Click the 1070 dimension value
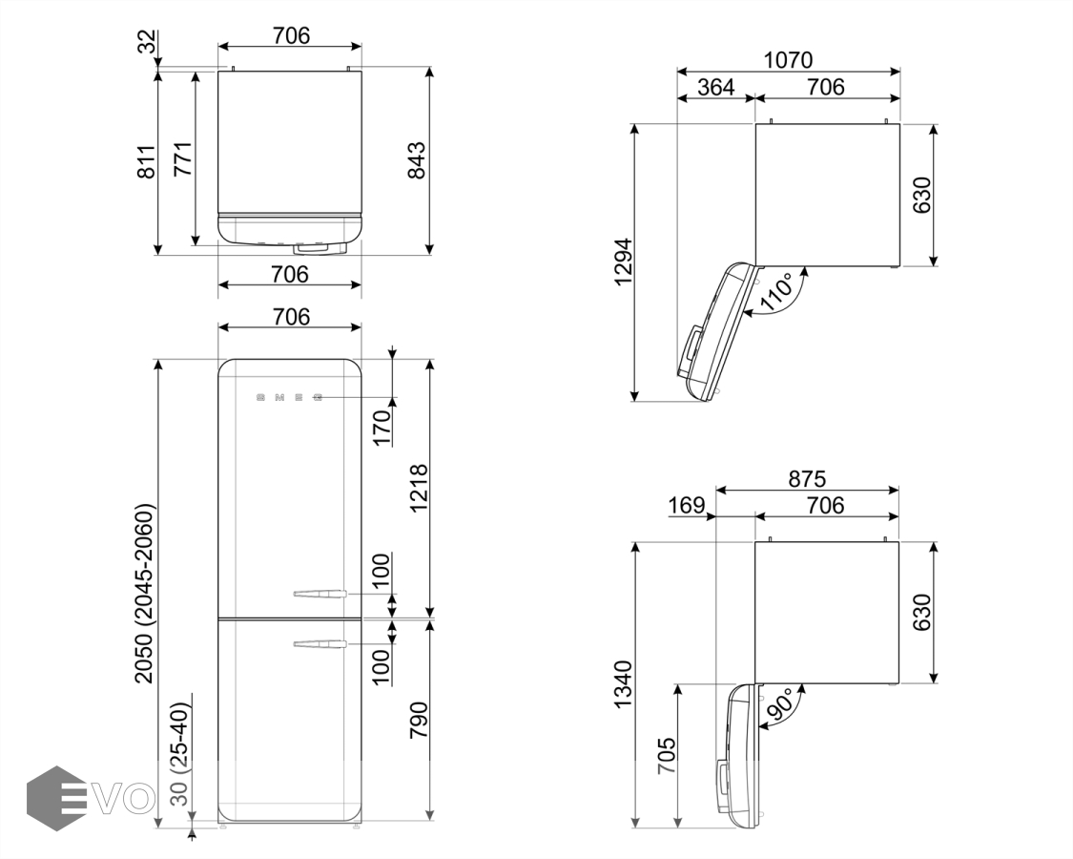click(788, 60)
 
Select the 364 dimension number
click(715, 87)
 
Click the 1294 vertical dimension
click(624, 262)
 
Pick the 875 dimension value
click(807, 479)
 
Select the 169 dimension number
click(687, 506)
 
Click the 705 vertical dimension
click(667, 756)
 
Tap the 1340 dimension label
click(624, 684)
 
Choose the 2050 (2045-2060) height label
click(144, 594)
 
